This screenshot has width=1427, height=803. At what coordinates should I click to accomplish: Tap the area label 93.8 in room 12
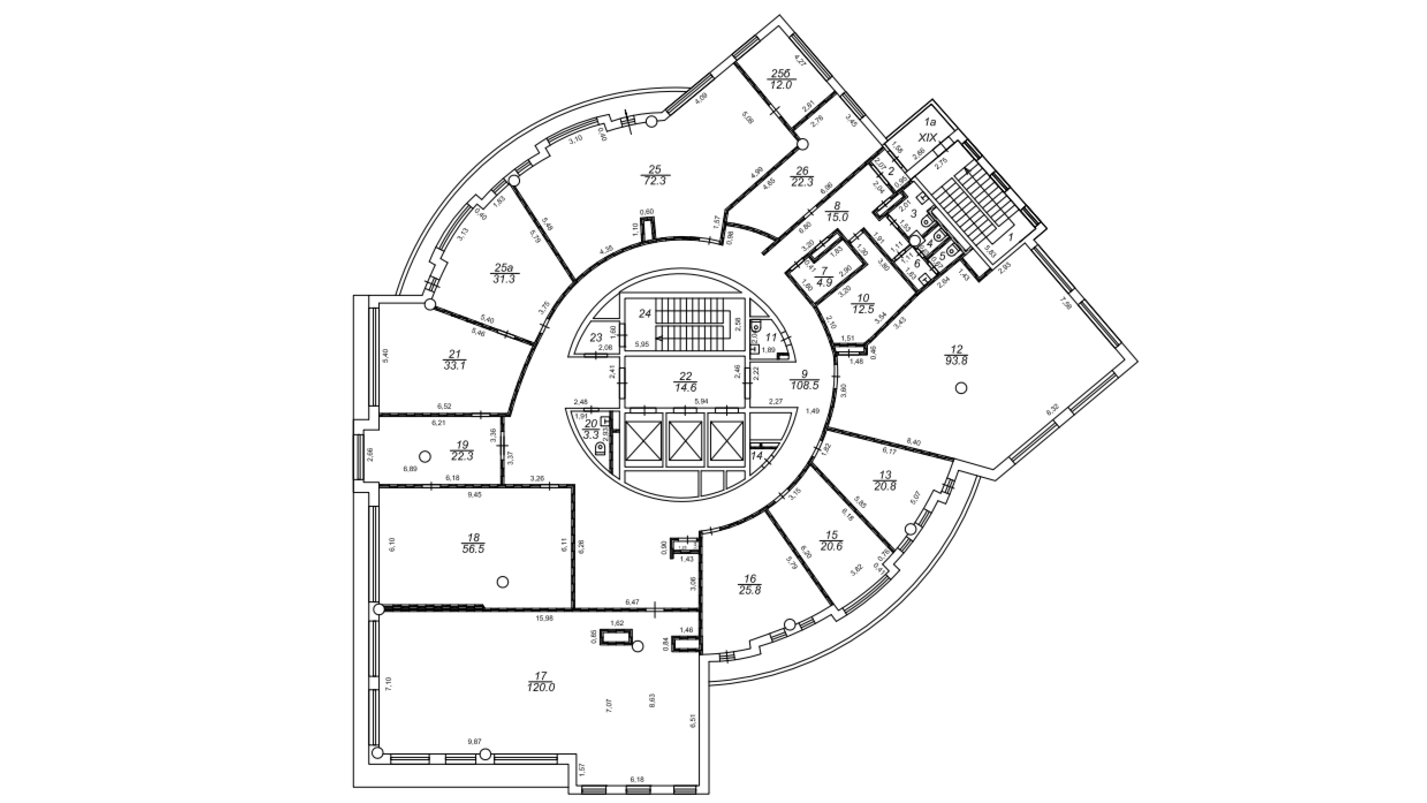(957, 360)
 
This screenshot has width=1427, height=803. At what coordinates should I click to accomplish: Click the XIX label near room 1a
(926, 136)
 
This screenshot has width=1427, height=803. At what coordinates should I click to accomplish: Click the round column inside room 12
(961, 388)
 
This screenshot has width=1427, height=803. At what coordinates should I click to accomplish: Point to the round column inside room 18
(503, 582)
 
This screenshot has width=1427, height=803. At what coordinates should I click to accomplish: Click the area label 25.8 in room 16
(749, 591)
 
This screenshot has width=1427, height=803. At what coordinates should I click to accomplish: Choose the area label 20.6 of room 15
(831, 547)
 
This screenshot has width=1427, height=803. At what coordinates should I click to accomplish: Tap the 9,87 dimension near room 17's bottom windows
(475, 741)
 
